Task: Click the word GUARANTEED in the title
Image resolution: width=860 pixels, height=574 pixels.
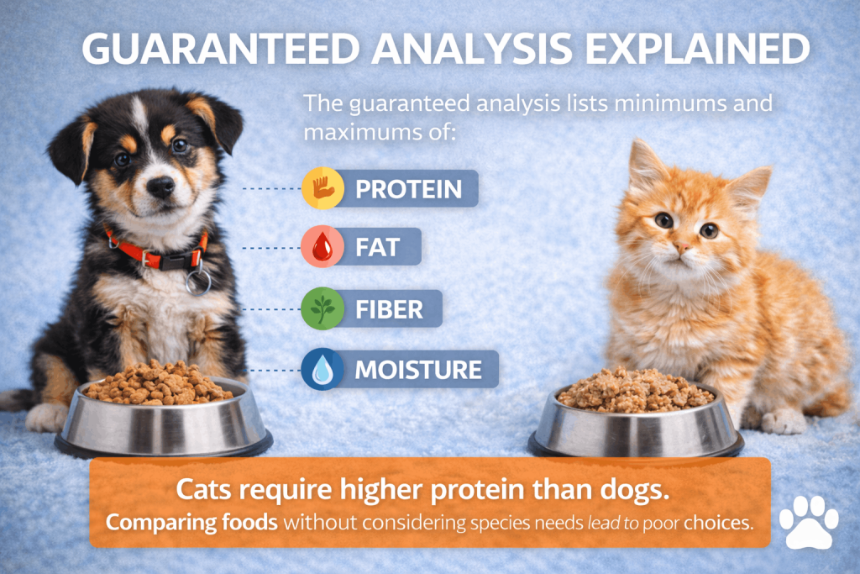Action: (221, 49)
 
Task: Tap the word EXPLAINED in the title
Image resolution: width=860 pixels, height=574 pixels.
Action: (697, 49)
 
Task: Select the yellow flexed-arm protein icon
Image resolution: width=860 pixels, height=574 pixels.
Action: (323, 188)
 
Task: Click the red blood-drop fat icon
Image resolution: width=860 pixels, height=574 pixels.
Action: (322, 246)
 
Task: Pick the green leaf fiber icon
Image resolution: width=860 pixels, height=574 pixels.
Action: (322, 308)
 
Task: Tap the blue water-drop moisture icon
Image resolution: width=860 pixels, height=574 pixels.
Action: (322, 369)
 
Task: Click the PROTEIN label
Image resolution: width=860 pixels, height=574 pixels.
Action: (409, 189)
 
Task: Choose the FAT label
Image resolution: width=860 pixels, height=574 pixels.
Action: (377, 247)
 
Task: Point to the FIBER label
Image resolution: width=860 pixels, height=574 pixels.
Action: (390, 309)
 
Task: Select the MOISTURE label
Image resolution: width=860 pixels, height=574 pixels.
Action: (418, 370)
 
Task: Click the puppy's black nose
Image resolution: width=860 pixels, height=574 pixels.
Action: (161, 187)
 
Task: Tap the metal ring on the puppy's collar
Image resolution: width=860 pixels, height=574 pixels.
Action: (198, 282)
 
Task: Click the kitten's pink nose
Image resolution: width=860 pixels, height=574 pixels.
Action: (683, 247)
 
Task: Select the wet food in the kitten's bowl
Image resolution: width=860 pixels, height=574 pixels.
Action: (635, 390)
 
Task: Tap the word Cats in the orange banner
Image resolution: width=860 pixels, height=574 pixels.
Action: (203, 489)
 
